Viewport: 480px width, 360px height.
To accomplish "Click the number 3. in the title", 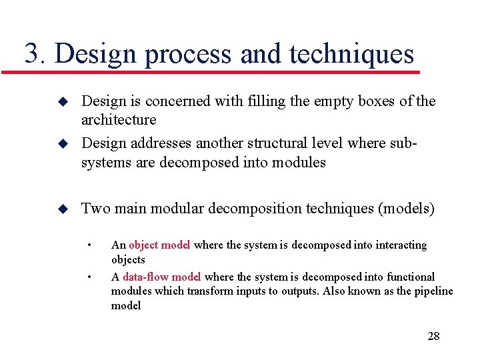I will (36, 54).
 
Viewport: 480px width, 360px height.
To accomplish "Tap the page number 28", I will (433, 335).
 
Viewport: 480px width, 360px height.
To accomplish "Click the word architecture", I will (119, 120).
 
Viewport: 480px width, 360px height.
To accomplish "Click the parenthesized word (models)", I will (406, 209).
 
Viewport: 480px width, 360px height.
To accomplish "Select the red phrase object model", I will (159, 245).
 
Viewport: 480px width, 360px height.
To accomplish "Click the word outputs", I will (303, 291).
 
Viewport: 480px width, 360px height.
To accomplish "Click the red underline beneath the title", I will (220, 71).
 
